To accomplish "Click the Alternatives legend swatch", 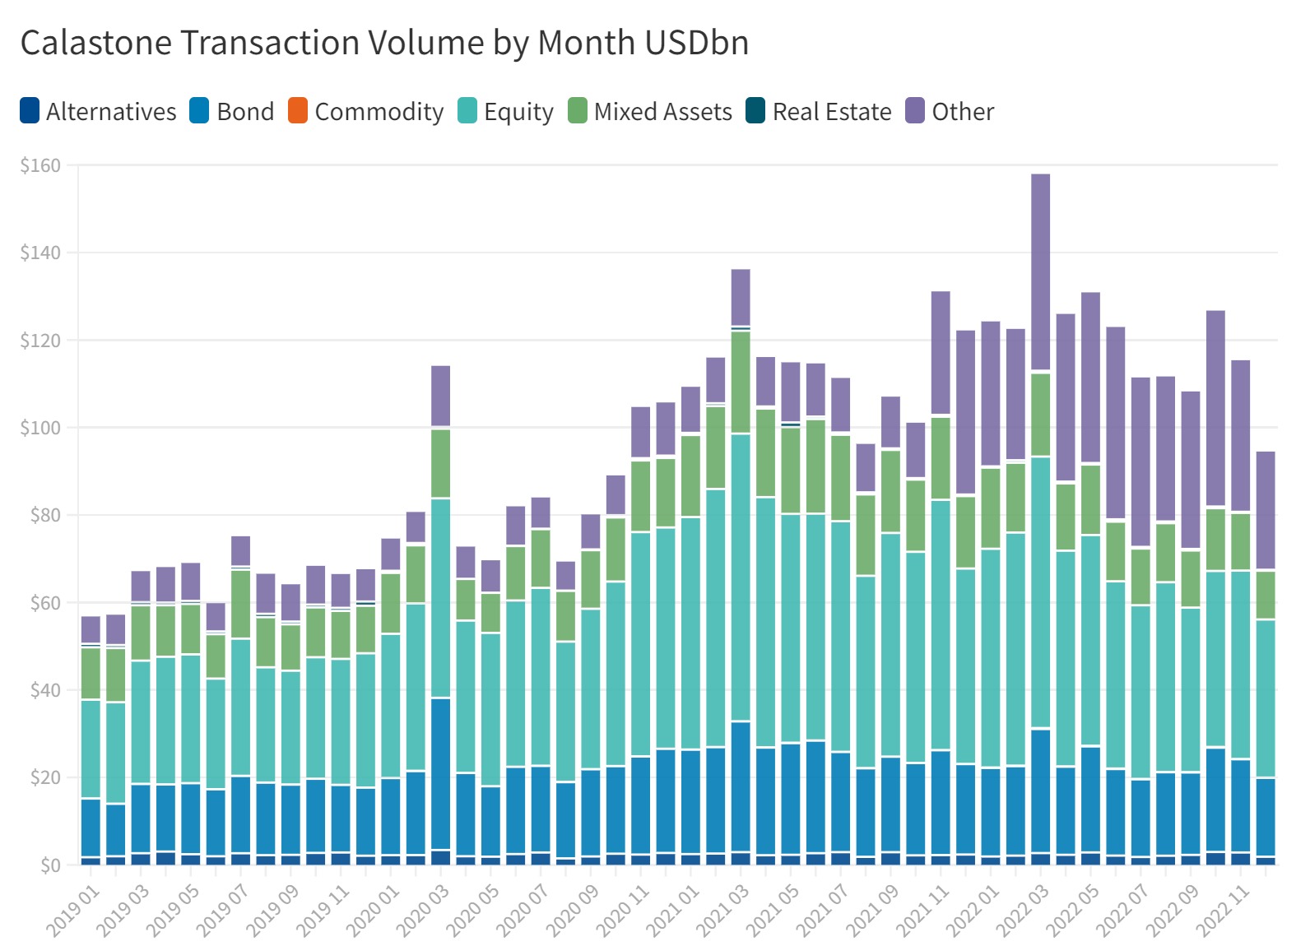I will tap(30, 110).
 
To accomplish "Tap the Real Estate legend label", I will tap(832, 111).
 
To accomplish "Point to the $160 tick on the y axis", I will tap(41, 165).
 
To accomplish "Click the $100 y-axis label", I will tap(41, 428).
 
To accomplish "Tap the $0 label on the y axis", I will tap(50, 865).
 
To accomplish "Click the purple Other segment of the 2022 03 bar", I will tap(1040, 271).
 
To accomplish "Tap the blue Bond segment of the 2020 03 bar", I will tap(440, 773).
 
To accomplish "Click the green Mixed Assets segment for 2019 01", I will tap(91, 673).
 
